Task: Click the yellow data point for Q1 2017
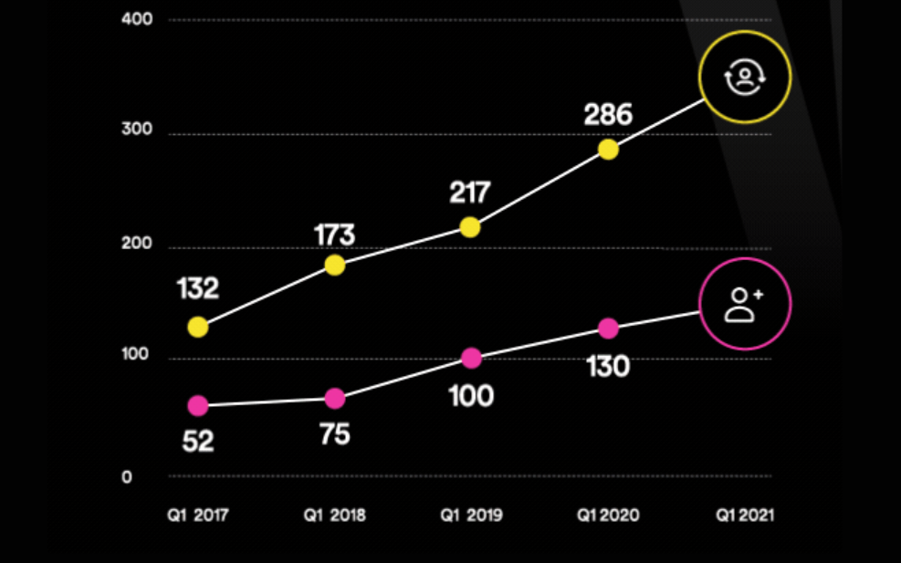[198, 327]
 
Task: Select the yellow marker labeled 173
[335, 266]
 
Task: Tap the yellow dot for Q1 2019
[470, 227]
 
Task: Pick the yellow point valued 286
[608, 150]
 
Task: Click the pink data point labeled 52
[198, 406]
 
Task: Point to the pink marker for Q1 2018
[335, 399]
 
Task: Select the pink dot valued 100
[471, 359]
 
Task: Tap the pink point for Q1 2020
[608, 328]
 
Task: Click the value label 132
[198, 289]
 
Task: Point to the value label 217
[470, 193]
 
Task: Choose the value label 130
[608, 367]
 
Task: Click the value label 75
[335, 434]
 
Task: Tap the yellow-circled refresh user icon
[745, 77]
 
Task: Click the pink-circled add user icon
[745, 304]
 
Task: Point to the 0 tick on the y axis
[127, 477]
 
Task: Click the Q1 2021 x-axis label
[745, 516]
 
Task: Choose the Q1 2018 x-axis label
[335, 516]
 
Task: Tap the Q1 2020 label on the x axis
[608, 516]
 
